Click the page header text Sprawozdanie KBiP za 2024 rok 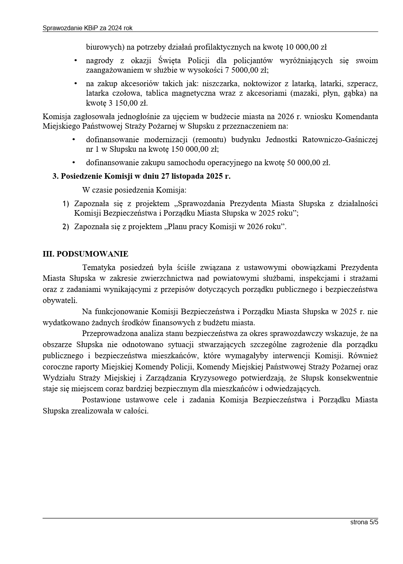click(87, 28)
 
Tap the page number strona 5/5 click(364, 522)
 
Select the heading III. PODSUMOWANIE click(85, 254)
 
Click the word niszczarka click(220, 84)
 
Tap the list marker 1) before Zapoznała click(66, 204)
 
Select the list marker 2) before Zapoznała click(66, 227)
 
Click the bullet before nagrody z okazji click(75, 61)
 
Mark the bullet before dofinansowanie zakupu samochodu click(74, 162)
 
